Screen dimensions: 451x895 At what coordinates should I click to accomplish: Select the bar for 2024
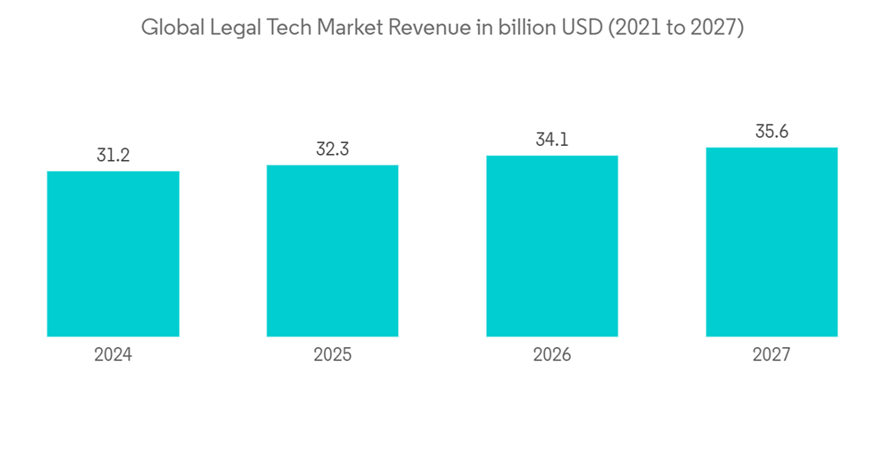point(113,253)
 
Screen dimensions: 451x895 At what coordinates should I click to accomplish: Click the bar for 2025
point(332,251)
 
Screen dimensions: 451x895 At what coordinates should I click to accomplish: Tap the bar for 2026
point(552,246)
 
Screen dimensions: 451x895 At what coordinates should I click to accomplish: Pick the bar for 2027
point(771,242)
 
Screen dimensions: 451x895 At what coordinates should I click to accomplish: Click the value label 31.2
point(113,156)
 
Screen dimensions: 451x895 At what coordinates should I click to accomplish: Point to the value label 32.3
point(332,149)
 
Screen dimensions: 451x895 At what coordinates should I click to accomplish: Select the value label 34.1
point(552,140)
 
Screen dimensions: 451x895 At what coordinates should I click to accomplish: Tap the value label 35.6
point(771,132)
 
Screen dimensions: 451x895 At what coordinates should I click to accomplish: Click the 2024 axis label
point(113,355)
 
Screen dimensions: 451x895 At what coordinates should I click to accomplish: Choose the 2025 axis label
point(332,355)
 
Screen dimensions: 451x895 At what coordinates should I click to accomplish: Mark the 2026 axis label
point(552,355)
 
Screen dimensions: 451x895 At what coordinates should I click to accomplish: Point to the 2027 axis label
point(771,355)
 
